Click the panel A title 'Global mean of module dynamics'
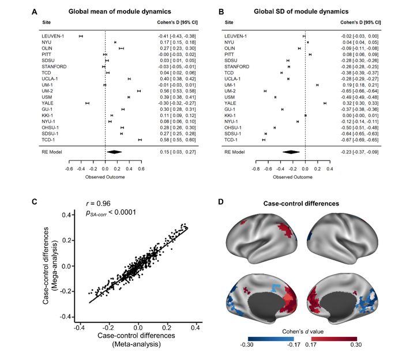click(x=119, y=12)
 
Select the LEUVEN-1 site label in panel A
click(x=53, y=36)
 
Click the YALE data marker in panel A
click(x=88, y=103)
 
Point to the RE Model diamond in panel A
click(x=114, y=152)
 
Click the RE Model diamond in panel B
click(x=291, y=152)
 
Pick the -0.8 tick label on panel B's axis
click(x=255, y=169)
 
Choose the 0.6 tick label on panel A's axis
click(x=141, y=169)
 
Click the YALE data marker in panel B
click(x=325, y=103)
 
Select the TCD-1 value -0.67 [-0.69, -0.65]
click(x=359, y=140)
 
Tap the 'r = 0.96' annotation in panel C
click(x=98, y=204)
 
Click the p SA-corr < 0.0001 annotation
click(x=111, y=213)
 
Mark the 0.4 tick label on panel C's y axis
click(x=66, y=215)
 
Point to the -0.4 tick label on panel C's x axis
click(x=79, y=328)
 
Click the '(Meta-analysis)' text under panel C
click(x=137, y=344)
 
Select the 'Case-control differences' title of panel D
click(x=301, y=204)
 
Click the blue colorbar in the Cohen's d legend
click(x=271, y=339)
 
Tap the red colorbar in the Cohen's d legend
click(x=334, y=339)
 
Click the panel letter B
click(x=221, y=12)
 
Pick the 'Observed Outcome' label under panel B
click(x=292, y=177)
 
